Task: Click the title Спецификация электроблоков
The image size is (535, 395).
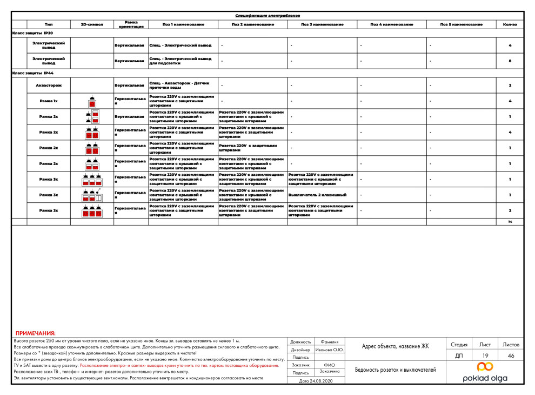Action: tap(267, 16)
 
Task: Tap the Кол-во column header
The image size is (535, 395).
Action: tap(510, 25)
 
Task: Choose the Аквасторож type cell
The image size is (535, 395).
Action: tap(49, 85)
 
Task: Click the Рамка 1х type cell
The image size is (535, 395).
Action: tap(49, 101)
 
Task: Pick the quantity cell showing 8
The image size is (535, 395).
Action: tap(510, 61)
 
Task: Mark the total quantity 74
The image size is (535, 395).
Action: tap(510, 222)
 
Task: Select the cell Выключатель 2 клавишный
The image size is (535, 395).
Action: tap(317, 195)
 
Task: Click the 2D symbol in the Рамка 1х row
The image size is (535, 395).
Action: tap(92, 101)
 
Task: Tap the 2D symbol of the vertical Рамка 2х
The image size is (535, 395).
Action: tap(92, 117)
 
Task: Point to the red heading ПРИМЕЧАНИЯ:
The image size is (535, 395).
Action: tap(36, 334)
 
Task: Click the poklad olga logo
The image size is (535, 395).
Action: tap(484, 373)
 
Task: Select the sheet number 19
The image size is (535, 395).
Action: tap(485, 356)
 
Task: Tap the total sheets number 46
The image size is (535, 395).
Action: tap(511, 356)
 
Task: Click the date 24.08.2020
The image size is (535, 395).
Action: tap(316, 381)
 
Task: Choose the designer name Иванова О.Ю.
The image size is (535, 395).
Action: tap(330, 350)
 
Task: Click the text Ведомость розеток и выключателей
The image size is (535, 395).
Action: tap(395, 370)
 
